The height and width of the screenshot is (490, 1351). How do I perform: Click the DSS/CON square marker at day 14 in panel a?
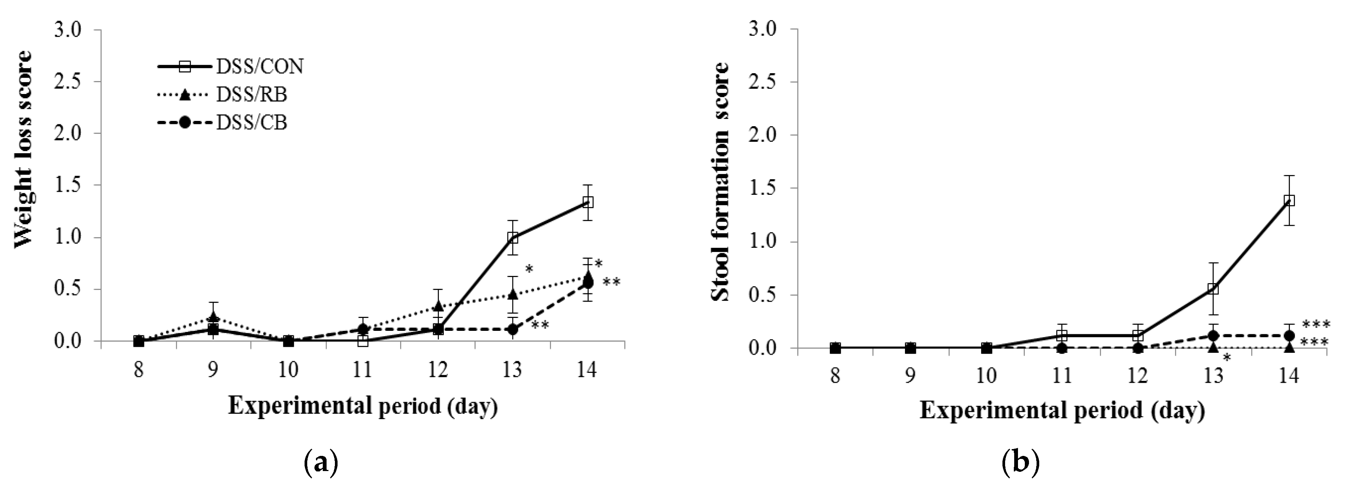click(x=588, y=202)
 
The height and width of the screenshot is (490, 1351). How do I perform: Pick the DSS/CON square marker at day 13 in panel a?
click(x=513, y=237)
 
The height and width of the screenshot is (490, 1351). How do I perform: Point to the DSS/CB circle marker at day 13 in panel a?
click(x=513, y=330)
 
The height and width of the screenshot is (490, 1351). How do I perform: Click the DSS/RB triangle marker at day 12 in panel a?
click(x=438, y=305)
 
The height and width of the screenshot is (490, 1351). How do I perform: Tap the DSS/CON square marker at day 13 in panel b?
click(x=1213, y=289)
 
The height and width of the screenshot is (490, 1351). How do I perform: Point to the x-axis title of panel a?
click(x=363, y=406)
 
